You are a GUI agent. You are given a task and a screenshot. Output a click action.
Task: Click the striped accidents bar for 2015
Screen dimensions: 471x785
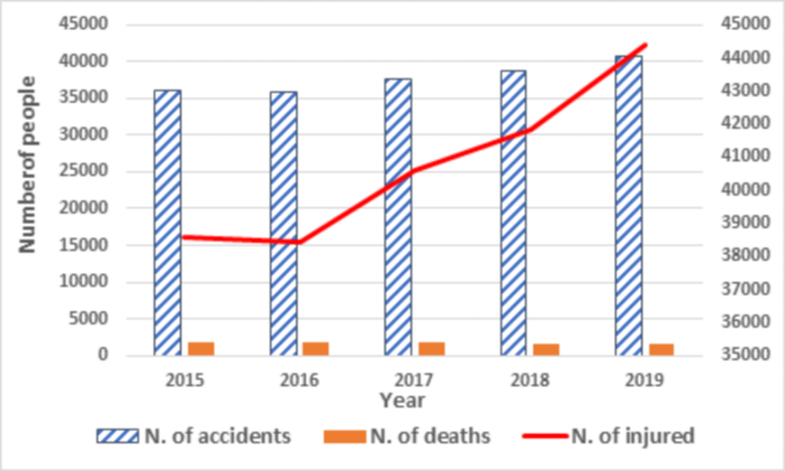[167, 223]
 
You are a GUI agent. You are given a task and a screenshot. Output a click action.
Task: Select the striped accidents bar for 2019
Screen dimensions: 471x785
[629, 205]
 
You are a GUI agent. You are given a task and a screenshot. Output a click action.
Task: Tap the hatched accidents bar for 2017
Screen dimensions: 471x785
[398, 217]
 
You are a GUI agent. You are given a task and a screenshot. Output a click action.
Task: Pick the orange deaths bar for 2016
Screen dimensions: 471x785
[316, 348]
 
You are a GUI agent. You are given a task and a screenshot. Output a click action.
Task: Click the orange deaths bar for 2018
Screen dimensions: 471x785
[546, 349]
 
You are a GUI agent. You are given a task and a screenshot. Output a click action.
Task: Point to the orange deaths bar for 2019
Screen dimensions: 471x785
[661, 349]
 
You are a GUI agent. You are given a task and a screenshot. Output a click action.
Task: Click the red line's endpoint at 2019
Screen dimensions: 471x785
[645, 44]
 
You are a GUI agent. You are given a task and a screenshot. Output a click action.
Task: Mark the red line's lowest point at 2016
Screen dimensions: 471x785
[298, 243]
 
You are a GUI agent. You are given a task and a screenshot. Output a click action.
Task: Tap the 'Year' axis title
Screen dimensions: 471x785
[402, 401]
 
